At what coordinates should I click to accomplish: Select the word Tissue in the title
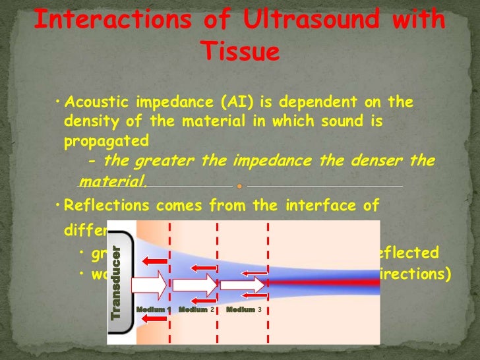(x=239, y=50)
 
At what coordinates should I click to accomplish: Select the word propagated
(x=105, y=141)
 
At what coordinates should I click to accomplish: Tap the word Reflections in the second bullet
(x=103, y=205)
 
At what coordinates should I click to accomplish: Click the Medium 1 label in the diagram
(x=154, y=309)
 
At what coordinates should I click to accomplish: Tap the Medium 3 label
(x=244, y=309)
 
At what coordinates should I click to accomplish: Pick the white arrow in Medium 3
(x=242, y=285)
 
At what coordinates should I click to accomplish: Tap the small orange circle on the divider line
(x=239, y=186)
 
